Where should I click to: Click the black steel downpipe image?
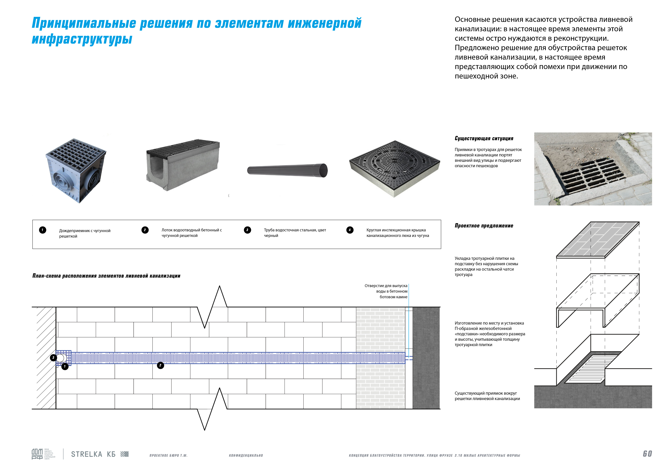pyautogui.click(x=287, y=170)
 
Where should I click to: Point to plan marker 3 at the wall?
pyautogui.click(x=53, y=357)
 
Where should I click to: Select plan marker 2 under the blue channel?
pyautogui.click(x=160, y=365)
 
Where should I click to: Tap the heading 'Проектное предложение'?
pyautogui.click(x=484, y=226)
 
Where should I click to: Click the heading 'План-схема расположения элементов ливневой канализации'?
pyautogui.click(x=106, y=276)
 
